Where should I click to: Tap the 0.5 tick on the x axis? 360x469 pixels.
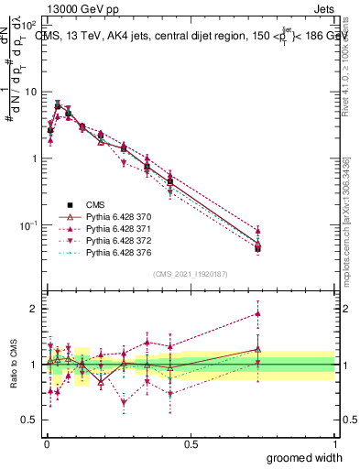coord(191,443)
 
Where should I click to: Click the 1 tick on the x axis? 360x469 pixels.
coord(334,443)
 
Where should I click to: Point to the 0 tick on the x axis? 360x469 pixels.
coord(46,443)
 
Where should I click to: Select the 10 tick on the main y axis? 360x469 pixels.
coord(27,92)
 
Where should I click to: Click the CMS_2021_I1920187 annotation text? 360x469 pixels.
coord(191,274)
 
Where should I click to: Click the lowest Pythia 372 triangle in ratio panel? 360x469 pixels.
coord(124,402)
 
